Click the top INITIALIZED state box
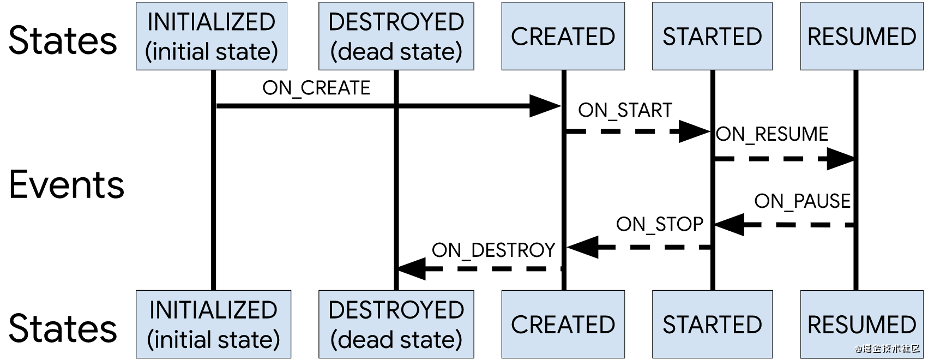coord(212,36)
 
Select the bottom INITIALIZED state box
coord(213,324)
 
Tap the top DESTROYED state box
coord(396,36)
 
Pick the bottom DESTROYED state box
coord(396,324)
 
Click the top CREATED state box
coord(563,36)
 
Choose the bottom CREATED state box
coord(563,324)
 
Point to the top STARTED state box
coord(713,36)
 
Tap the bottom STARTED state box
coord(713,324)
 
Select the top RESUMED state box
coord(861,36)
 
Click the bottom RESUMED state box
coord(861,324)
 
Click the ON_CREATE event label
coord(316,88)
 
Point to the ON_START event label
coord(625,111)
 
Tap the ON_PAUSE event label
coord(803,201)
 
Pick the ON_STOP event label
coord(660,225)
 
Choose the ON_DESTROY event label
coord(493,250)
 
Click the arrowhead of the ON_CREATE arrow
coord(545,106)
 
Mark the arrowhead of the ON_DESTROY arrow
coord(412,269)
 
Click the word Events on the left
coord(67,185)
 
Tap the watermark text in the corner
coord(888,349)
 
